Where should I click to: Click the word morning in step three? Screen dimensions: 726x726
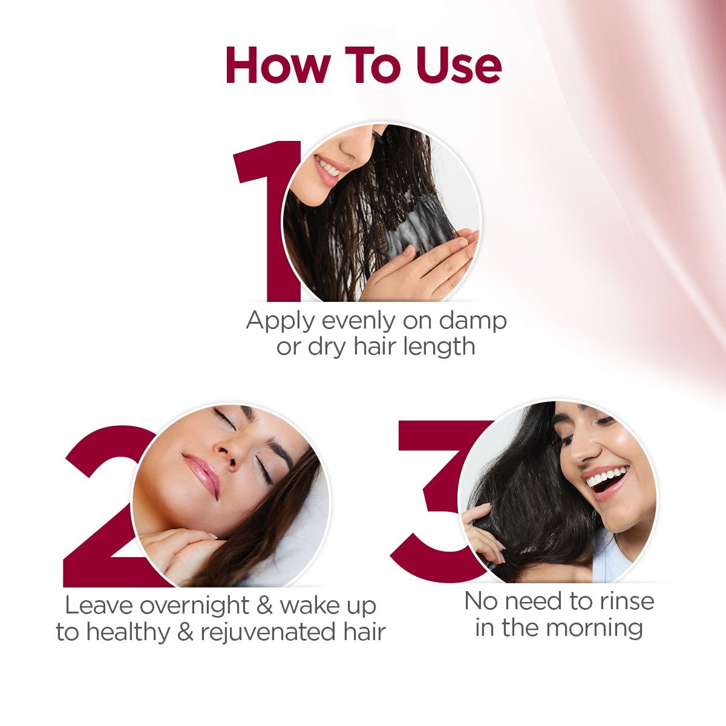(x=590, y=627)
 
